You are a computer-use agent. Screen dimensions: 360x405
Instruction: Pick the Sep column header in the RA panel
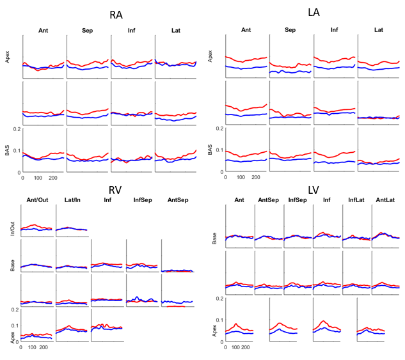coord(88,30)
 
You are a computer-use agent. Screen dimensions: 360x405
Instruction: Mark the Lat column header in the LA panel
coord(379,29)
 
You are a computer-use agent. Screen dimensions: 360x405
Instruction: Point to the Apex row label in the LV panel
coord(215,331)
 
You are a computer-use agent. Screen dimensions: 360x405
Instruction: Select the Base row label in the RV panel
coord(13,264)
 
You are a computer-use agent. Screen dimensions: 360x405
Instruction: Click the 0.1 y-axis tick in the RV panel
coord(15,325)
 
